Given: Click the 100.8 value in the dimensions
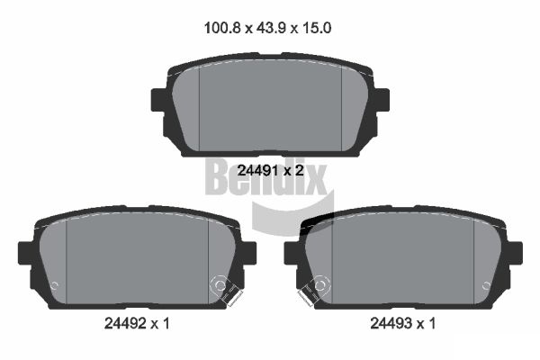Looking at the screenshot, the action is (221, 28).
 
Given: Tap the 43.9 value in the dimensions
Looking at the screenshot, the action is (271, 28).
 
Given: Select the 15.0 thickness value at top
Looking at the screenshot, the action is (317, 28).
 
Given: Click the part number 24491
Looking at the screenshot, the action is (258, 170).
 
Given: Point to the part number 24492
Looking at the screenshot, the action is (125, 323).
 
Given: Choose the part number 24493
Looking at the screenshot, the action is (391, 323).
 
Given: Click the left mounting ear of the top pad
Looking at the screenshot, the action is (158, 100).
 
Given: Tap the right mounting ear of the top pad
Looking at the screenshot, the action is (382, 100).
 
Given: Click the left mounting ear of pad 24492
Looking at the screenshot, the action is (25, 253).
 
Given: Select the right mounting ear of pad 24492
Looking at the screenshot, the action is (249, 253).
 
